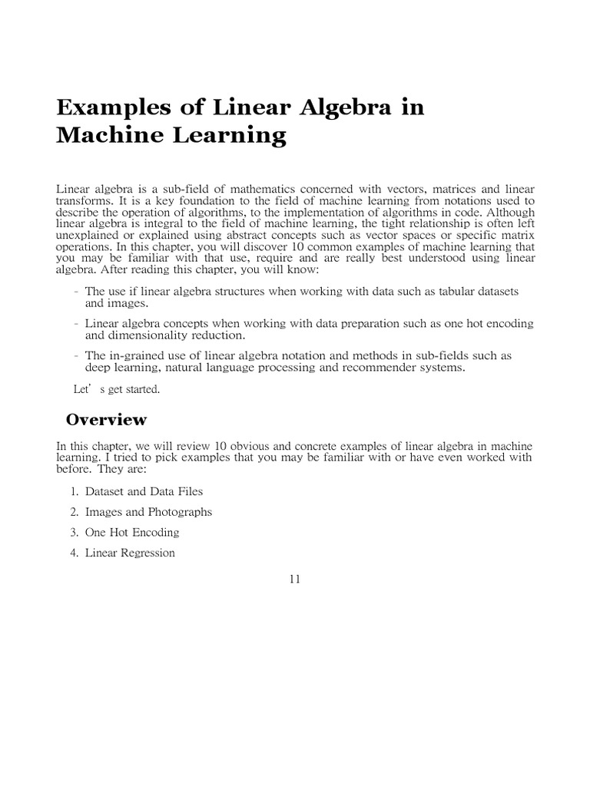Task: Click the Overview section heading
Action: click(106, 419)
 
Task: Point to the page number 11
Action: click(294, 579)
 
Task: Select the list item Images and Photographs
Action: click(148, 512)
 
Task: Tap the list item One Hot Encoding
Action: click(132, 532)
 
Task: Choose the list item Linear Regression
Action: click(130, 553)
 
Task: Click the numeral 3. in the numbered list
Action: click(75, 532)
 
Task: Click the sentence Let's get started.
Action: click(116, 389)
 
